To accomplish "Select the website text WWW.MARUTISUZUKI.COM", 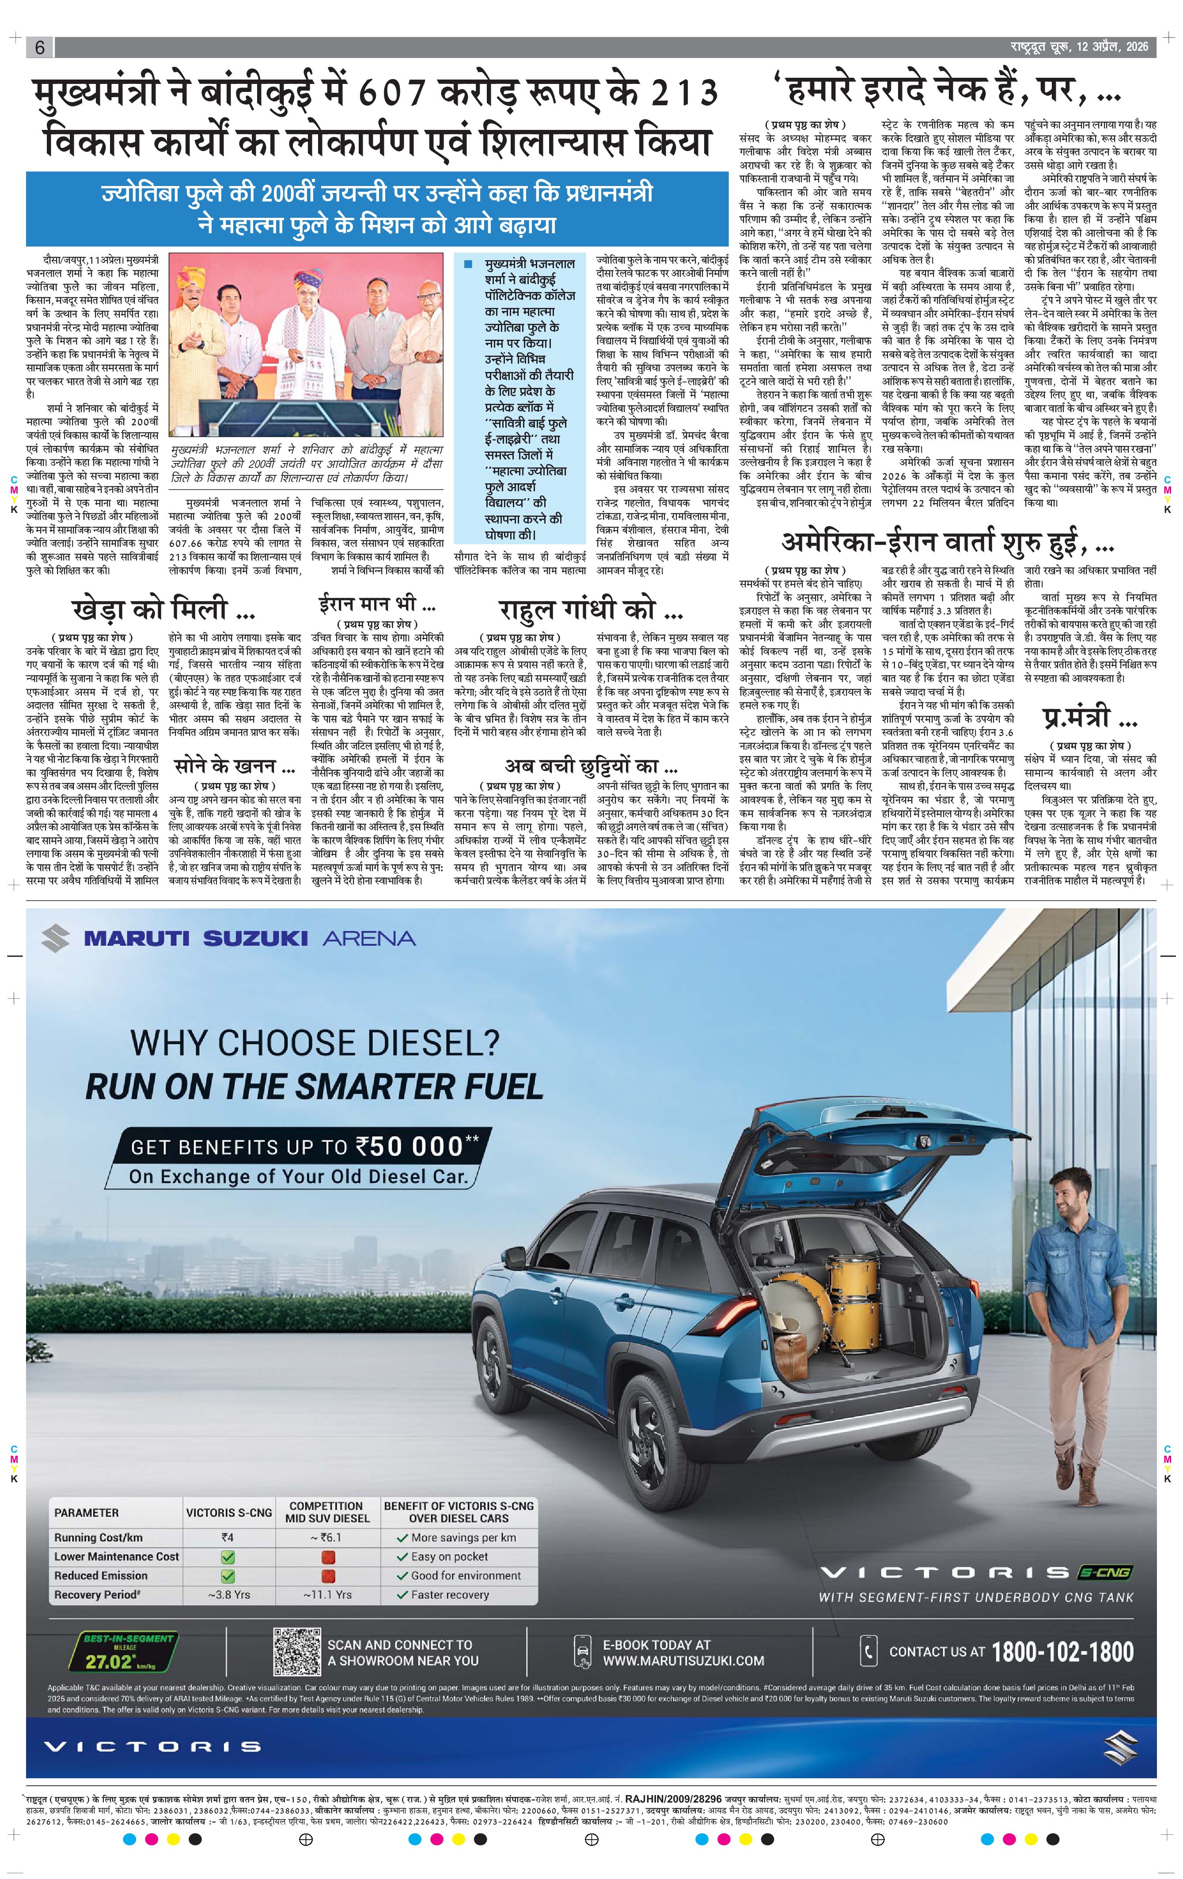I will (x=683, y=1660).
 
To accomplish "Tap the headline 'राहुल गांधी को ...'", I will (x=591, y=609).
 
